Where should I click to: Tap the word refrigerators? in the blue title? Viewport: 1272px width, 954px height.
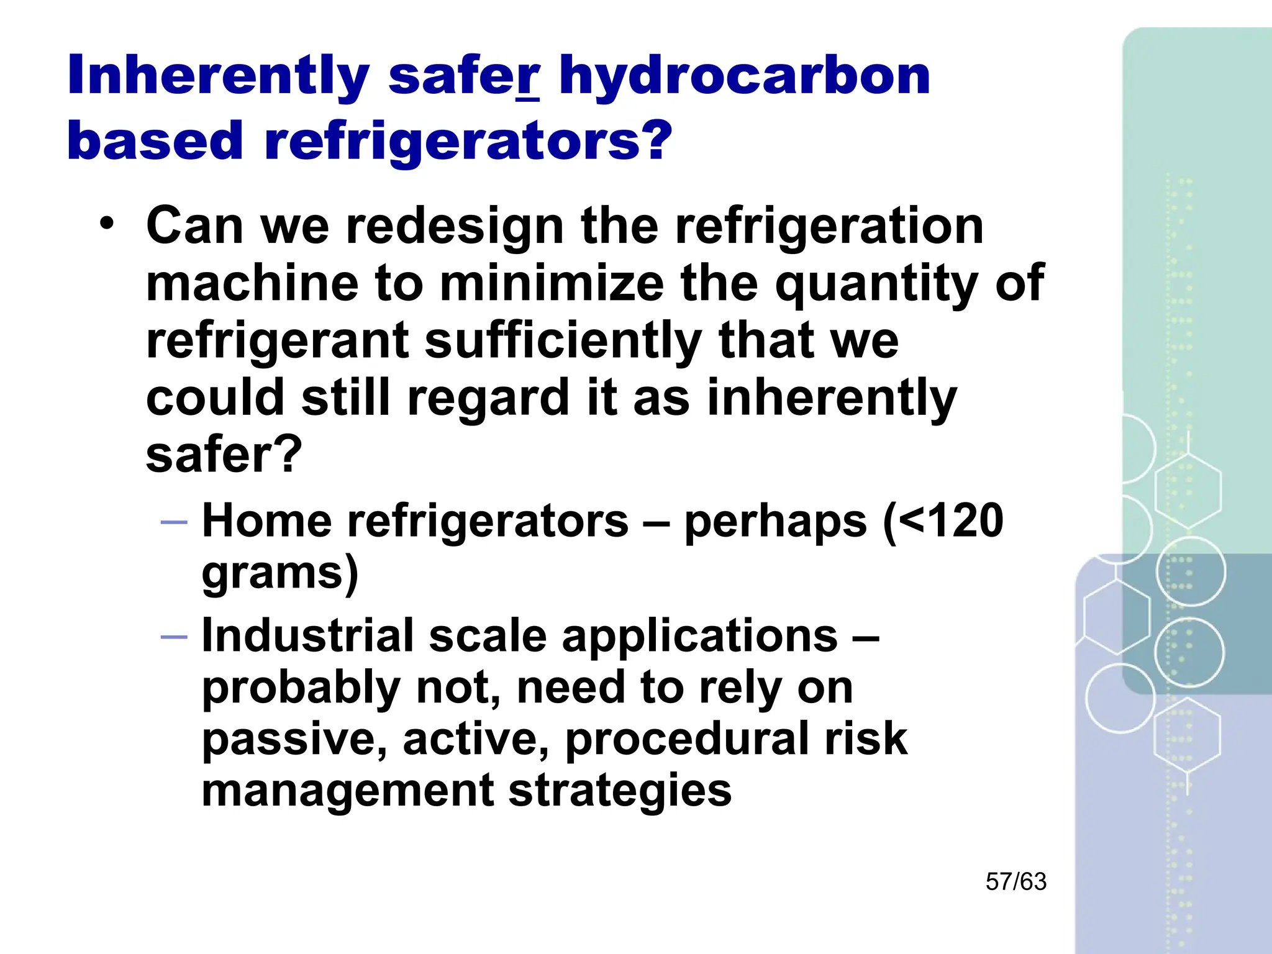(x=468, y=141)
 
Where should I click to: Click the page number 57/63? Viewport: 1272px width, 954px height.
(x=1016, y=881)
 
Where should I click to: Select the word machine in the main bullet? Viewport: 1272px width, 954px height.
(x=252, y=284)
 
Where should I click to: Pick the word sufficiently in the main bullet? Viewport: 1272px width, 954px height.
(x=563, y=342)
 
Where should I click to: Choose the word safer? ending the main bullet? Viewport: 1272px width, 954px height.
(x=224, y=455)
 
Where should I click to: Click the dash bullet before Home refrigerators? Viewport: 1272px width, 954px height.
(x=173, y=522)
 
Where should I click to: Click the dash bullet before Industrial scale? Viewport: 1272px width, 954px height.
(x=173, y=637)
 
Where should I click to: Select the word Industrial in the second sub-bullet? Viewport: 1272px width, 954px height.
(x=307, y=635)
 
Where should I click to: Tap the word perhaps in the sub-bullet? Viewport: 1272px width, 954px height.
(x=775, y=522)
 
